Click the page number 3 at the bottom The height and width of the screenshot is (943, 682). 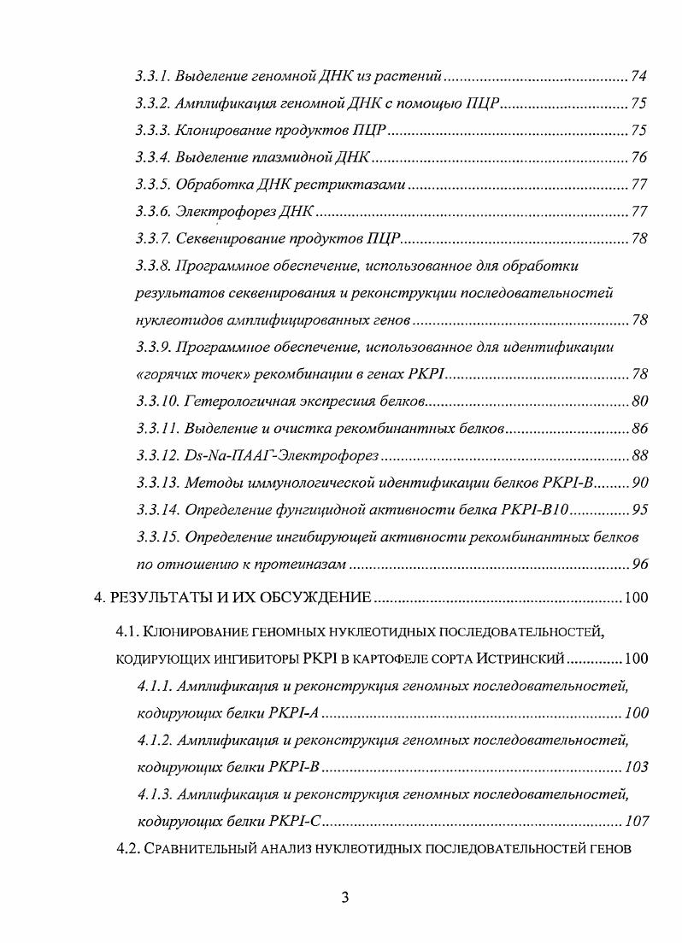(344, 898)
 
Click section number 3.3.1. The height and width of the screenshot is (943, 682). (153, 78)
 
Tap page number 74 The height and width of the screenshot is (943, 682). (638, 78)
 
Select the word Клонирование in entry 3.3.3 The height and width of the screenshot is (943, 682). (217, 132)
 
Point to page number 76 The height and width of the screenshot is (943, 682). (638, 158)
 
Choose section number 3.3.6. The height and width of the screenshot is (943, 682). (153, 212)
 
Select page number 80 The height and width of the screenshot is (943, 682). (638, 401)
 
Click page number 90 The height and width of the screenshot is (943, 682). (638, 483)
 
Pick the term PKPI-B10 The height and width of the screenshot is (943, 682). (539, 510)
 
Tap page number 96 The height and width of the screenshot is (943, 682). (638, 564)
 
